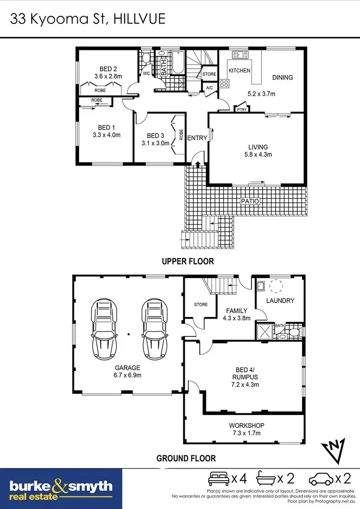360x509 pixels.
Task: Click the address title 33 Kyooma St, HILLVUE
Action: [88, 19]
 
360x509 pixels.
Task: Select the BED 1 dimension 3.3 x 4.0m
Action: [106, 135]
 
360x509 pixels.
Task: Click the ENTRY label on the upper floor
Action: [197, 138]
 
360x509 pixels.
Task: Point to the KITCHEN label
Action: [239, 71]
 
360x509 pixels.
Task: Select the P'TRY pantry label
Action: [241, 109]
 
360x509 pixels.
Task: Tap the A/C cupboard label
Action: [209, 88]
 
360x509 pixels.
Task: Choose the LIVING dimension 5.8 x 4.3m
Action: [258, 154]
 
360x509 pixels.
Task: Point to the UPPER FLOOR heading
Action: [188, 262]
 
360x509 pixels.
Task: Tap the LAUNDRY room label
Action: [279, 301]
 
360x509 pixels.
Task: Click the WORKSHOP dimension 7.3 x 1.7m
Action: [246, 433]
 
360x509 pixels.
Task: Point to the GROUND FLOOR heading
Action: [186, 459]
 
